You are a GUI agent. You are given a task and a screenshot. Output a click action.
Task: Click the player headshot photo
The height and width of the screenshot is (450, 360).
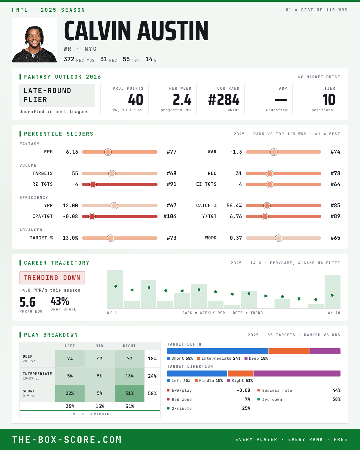click(x=34, y=40)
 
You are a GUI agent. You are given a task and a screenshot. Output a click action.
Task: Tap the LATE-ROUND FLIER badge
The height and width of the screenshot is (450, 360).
click(x=57, y=95)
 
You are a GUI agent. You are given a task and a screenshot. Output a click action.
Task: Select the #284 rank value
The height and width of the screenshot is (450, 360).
click(x=223, y=100)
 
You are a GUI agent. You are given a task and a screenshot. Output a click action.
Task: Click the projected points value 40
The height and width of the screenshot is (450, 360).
click(x=136, y=100)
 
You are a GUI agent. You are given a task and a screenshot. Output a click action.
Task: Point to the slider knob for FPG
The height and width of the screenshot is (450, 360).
click(x=108, y=152)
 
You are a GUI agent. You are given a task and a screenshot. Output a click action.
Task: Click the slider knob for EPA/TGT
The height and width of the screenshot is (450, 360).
click(x=92, y=216)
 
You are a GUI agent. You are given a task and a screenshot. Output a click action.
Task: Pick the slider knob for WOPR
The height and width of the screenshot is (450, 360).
click(x=278, y=238)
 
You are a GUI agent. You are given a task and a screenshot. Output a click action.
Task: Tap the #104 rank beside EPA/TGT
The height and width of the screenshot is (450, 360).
click(x=170, y=216)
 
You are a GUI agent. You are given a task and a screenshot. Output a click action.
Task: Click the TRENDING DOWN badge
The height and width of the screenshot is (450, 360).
click(x=52, y=278)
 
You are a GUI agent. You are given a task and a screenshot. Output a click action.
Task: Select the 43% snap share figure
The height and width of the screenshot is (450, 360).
click(x=60, y=301)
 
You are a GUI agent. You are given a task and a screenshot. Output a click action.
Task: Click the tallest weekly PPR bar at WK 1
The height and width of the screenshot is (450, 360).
click(x=115, y=289)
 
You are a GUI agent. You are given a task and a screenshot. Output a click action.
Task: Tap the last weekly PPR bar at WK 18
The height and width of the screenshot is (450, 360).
click(x=332, y=292)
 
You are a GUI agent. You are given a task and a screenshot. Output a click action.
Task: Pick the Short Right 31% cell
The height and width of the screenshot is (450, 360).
click(x=130, y=393)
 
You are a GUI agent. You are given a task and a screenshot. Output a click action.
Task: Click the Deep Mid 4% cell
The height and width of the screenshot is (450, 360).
click(x=100, y=358)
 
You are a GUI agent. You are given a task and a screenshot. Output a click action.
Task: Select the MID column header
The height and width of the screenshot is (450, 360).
click(x=99, y=346)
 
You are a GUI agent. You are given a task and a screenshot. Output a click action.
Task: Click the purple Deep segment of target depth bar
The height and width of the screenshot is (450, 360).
click(x=325, y=351)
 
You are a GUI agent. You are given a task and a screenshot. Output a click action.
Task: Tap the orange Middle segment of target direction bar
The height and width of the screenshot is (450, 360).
click(x=240, y=373)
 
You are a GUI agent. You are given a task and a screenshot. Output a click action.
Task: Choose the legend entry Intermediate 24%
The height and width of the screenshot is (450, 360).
click(x=219, y=358)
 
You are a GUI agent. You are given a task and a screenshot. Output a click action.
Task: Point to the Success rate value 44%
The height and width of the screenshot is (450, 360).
click(x=336, y=390)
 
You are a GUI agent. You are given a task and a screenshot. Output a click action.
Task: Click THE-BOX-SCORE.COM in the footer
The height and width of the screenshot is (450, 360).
click(x=67, y=439)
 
